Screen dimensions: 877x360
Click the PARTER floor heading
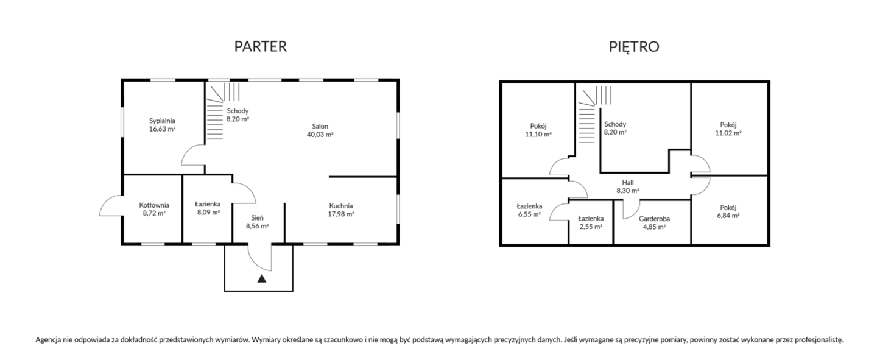click(x=261, y=46)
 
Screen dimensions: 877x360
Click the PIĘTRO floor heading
click(x=634, y=47)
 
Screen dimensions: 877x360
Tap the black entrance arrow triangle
click(x=261, y=278)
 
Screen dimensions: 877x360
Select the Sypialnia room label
click(x=162, y=121)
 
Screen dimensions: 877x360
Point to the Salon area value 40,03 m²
click(x=320, y=135)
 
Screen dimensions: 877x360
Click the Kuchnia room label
click(x=340, y=206)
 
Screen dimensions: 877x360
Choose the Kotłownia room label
click(x=154, y=205)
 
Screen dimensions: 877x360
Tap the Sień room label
click(x=257, y=218)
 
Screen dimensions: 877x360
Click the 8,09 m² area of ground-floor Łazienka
click(x=208, y=213)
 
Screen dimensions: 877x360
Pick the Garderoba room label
click(x=654, y=219)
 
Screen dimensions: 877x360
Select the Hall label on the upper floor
click(x=627, y=183)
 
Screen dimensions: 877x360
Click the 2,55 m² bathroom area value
click(x=591, y=227)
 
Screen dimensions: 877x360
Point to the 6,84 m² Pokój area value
click(x=728, y=216)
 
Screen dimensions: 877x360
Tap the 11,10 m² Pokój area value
click(x=538, y=135)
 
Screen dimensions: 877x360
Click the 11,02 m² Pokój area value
click(x=728, y=133)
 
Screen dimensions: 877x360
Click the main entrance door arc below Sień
click(x=255, y=262)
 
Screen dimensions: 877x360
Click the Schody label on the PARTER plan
click(x=238, y=111)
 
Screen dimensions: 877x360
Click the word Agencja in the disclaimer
click(x=48, y=340)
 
